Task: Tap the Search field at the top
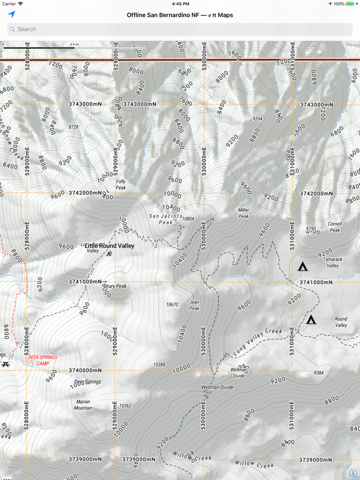tap(180, 29)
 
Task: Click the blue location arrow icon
tap(11, 14)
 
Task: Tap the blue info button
tap(353, 473)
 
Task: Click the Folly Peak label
tap(121, 185)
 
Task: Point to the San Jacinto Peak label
tap(166, 219)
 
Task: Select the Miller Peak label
tap(243, 213)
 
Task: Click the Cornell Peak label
tap(335, 227)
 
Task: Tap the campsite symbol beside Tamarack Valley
tap(303, 267)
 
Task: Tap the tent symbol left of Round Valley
tap(311, 320)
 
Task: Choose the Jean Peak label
tap(194, 305)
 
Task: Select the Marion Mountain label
tap(84, 405)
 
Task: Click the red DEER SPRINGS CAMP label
tap(42, 361)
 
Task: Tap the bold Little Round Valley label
tap(109, 246)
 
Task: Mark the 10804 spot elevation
tap(188, 219)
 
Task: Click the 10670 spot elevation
tap(172, 305)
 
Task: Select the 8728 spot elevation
tap(73, 127)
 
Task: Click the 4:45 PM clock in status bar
tap(180, 4)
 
